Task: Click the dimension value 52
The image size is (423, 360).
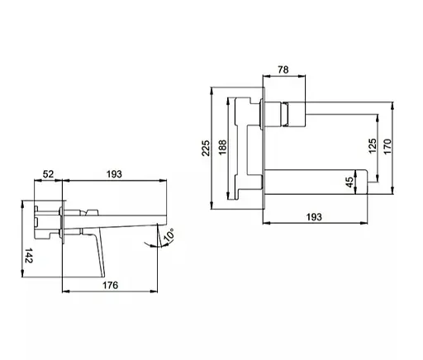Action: coord(48,174)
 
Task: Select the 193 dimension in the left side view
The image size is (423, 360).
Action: coord(114,174)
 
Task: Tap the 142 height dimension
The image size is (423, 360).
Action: coord(29,255)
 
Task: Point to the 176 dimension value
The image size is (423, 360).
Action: coord(111,285)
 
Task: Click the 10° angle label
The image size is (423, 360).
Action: coord(169,235)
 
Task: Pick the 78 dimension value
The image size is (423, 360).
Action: coord(283,70)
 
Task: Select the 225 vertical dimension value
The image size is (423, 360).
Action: coord(206,148)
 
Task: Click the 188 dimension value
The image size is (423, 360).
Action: coord(222,147)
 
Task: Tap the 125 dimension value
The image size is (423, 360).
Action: coord(372,146)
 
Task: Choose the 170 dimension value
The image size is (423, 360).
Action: coord(387,146)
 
